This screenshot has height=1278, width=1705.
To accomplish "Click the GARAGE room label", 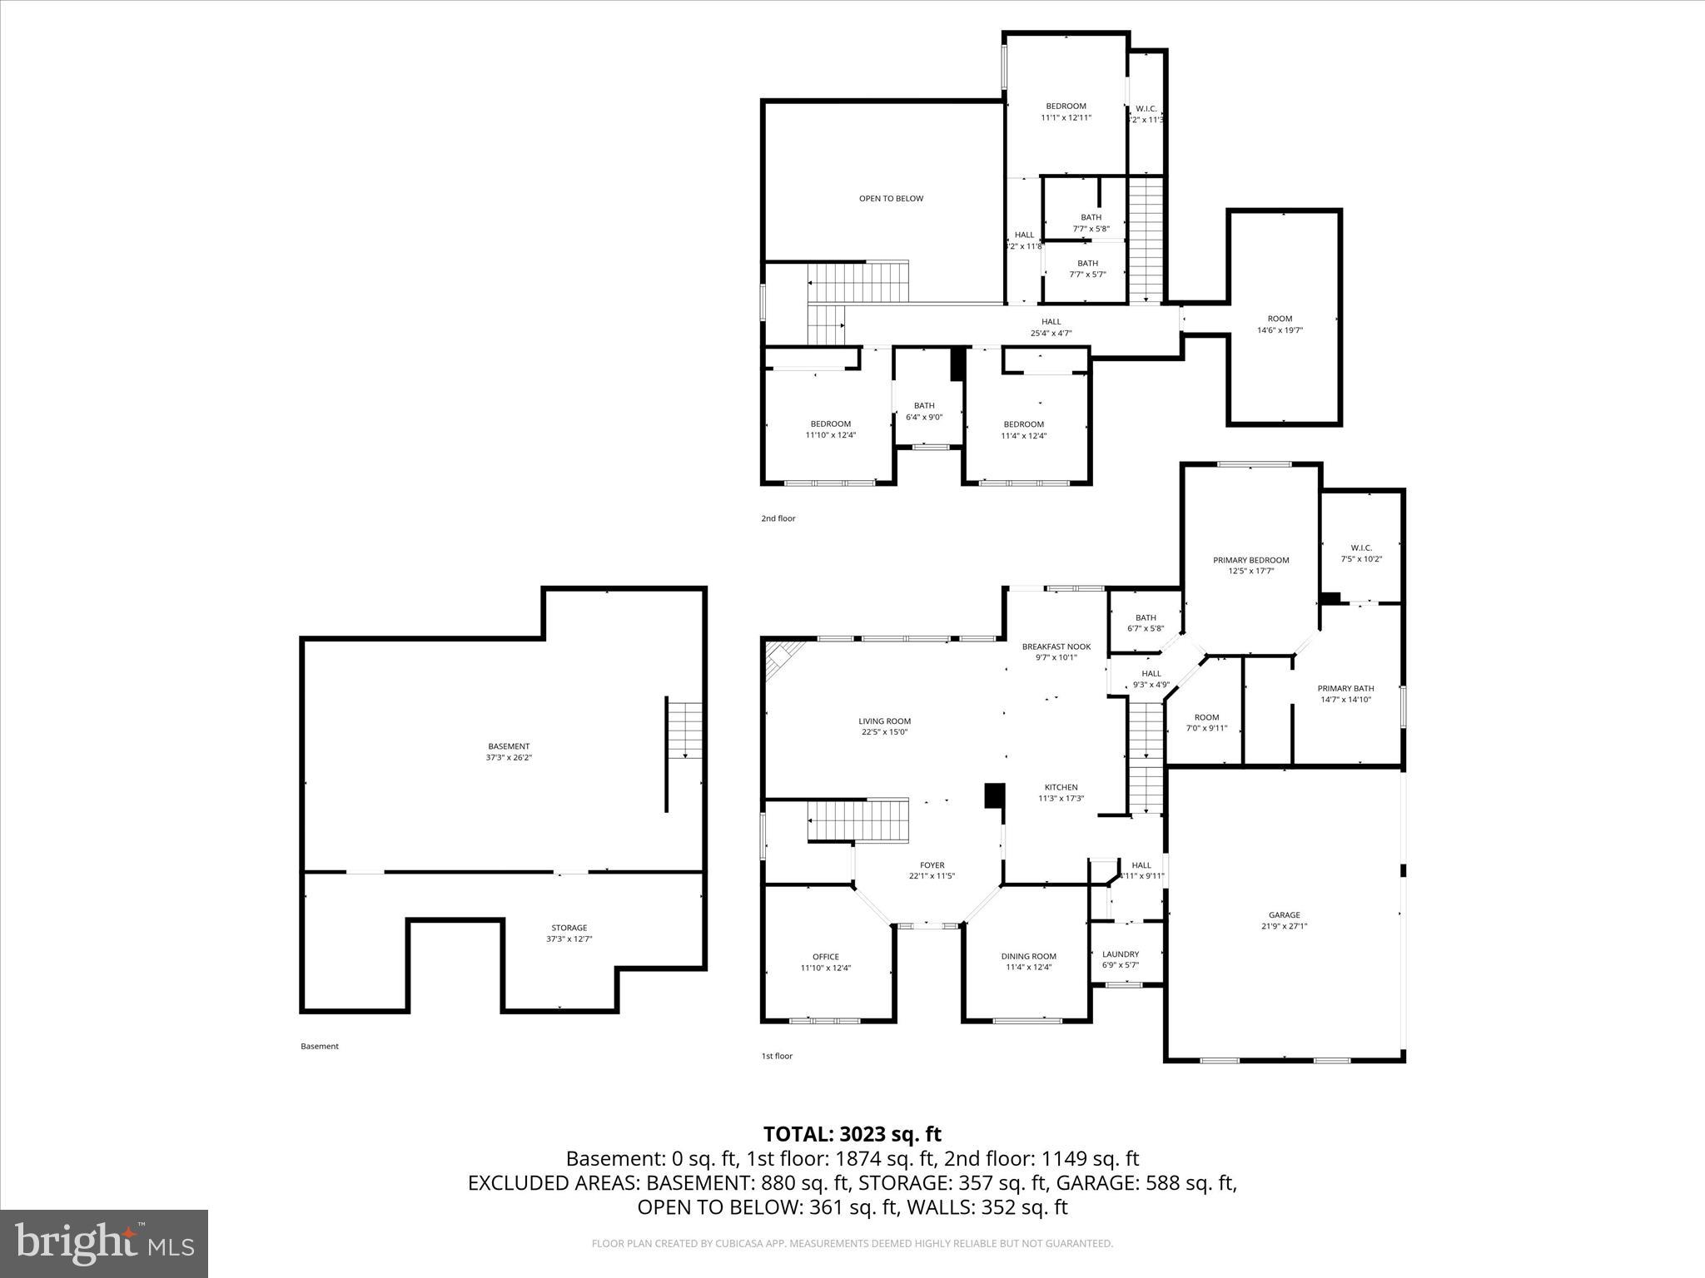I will (x=1284, y=915).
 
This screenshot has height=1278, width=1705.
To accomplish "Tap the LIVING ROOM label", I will (x=885, y=721).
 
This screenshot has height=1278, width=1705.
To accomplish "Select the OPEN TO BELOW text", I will (x=891, y=199).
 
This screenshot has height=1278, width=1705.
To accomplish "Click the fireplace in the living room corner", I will (x=782, y=657).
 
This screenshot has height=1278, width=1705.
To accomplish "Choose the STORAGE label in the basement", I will (x=569, y=928).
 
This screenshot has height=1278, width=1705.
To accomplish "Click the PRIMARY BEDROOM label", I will (x=1250, y=560).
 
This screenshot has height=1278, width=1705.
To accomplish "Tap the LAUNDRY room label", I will (x=1120, y=954).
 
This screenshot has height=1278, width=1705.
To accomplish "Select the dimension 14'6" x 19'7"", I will (x=1280, y=330).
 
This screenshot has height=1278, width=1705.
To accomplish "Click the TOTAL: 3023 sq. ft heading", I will (x=852, y=1134).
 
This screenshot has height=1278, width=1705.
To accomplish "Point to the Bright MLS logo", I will (x=104, y=1243).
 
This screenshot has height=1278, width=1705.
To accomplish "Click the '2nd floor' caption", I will (x=778, y=518).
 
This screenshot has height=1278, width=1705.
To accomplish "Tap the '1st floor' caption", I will (x=777, y=1056).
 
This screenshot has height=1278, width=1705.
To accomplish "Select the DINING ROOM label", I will (x=1028, y=957).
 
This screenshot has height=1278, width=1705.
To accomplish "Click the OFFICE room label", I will (x=826, y=957).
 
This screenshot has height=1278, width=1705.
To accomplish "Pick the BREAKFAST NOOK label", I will (x=1056, y=646).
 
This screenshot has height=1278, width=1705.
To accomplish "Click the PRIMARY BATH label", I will (x=1345, y=688).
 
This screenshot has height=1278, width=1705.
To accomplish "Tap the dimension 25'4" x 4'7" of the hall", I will (x=1051, y=334).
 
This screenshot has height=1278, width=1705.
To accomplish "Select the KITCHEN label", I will (x=1061, y=787).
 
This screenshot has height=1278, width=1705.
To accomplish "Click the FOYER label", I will (x=932, y=865).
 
